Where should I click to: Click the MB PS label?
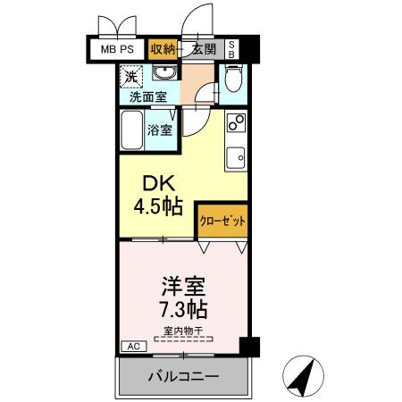click(x=118, y=49)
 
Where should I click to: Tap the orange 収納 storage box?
click(x=163, y=49)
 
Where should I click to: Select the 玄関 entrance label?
click(x=205, y=49)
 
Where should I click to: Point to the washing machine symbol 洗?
click(x=131, y=78)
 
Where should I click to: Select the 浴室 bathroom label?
click(x=162, y=129)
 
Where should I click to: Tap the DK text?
click(x=151, y=184)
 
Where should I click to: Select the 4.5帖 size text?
click(x=158, y=208)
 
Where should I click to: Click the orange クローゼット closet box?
click(x=222, y=220)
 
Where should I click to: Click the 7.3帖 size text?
click(x=184, y=311)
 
